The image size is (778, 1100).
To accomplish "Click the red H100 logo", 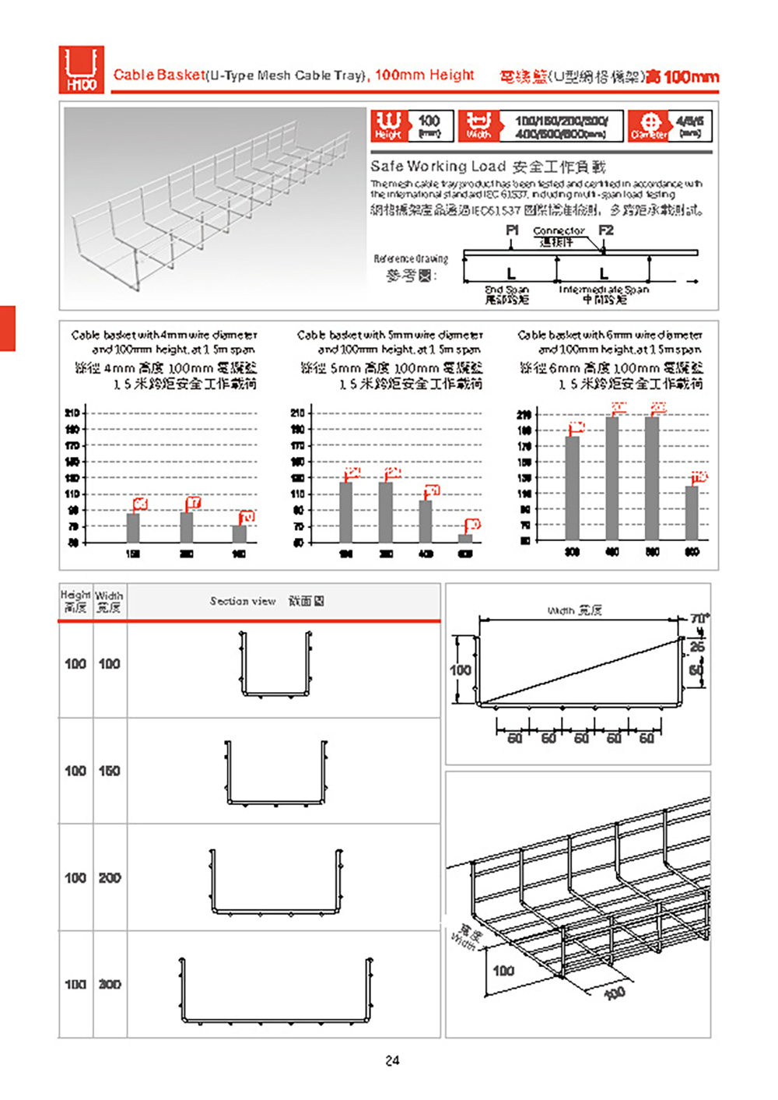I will [x=81, y=70].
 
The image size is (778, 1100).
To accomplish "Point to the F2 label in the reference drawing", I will [x=606, y=230].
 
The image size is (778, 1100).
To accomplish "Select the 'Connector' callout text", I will [x=559, y=231].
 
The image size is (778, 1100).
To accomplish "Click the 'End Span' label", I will [x=506, y=290].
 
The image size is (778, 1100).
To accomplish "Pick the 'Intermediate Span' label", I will [x=604, y=290].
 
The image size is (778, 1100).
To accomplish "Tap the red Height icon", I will [x=388, y=125].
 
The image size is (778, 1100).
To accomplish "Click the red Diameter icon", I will [x=649, y=125].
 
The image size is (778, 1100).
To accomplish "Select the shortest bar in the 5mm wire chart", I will [x=465, y=537].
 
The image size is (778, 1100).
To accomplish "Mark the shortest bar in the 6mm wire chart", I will [x=692, y=512].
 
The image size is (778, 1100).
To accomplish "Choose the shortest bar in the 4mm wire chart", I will [x=239, y=533].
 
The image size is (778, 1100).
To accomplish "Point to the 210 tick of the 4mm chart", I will [x=72, y=413].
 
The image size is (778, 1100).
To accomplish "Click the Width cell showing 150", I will [x=110, y=771].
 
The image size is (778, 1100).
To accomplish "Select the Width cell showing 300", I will [x=110, y=985].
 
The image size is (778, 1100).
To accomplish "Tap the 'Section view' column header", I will [x=243, y=601].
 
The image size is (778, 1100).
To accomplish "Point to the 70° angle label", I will [x=699, y=619].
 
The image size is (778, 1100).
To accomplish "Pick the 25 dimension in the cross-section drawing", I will [x=697, y=647].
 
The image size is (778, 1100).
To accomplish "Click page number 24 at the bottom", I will [x=392, y=1060].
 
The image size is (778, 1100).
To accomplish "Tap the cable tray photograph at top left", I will [x=214, y=206].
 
